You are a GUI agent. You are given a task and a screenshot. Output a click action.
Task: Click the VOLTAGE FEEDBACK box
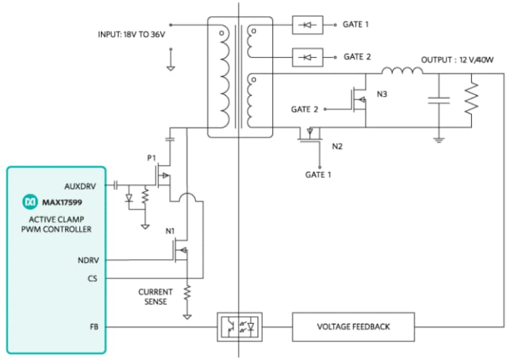click(354, 327)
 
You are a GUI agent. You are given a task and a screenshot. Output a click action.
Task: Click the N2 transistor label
click(338, 146)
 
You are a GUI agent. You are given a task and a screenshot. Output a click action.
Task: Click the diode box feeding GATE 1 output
click(307, 24)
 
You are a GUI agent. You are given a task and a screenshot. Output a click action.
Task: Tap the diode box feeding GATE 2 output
click(307, 57)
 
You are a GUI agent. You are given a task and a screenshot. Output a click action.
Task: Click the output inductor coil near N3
click(402, 72)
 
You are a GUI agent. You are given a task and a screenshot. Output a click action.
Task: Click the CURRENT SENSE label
click(156, 297)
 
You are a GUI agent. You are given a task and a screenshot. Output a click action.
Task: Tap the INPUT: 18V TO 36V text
click(132, 34)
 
